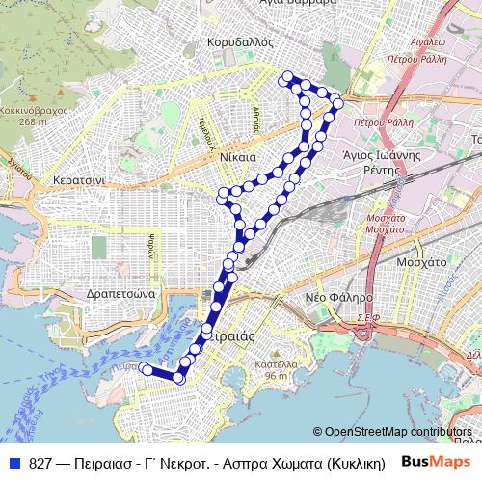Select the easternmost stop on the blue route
pos(337,103)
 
